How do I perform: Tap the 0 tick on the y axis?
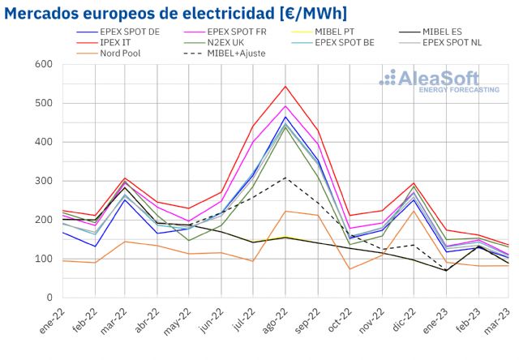pos(49,298)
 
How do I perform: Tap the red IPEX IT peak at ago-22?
pos(285,86)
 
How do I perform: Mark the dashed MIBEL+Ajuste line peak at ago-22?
pos(285,178)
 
